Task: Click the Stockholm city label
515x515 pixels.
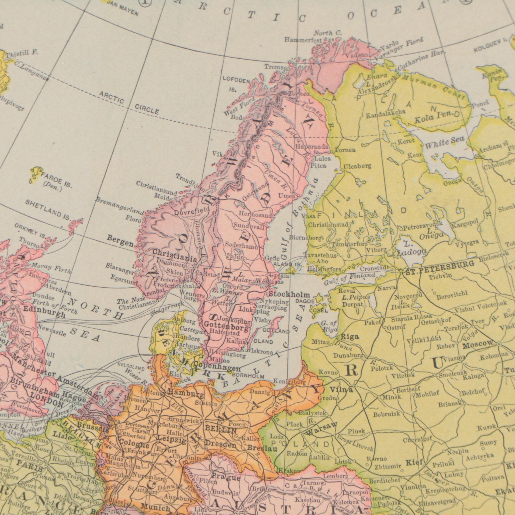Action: [289, 295]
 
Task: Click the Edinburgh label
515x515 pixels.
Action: [44, 311]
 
